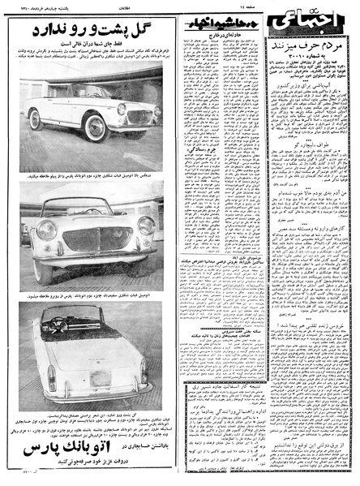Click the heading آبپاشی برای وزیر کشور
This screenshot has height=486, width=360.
pos(309,108)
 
